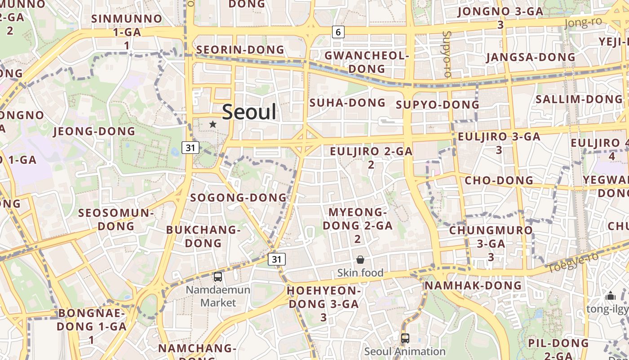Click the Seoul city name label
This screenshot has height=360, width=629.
coord(249,112)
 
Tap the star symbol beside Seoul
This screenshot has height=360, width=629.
coord(213,124)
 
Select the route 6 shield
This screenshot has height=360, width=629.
coord(338,32)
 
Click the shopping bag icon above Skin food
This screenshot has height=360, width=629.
coord(360,260)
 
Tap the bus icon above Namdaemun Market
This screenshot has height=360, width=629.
coord(218,277)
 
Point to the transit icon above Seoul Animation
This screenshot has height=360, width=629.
coord(405,338)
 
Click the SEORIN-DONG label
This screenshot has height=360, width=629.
coord(240,49)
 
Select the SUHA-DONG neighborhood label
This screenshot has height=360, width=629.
coord(347,103)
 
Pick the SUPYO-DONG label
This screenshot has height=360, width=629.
coord(438,105)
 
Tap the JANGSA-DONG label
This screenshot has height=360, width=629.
coord(531,57)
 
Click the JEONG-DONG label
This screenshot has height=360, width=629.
coord(94,131)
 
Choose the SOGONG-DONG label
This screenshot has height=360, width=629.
coord(238,198)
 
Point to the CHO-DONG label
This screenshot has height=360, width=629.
coord(499,180)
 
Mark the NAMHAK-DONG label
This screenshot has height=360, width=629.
coord(473,285)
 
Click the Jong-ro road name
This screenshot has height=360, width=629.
coord(583,22)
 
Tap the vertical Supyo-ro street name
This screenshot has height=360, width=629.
coord(446,54)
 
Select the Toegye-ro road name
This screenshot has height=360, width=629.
coord(573,263)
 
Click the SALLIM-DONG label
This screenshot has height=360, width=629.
coord(579,99)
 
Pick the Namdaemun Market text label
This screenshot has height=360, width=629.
coord(218,296)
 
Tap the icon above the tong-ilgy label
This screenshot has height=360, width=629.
coord(610,296)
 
